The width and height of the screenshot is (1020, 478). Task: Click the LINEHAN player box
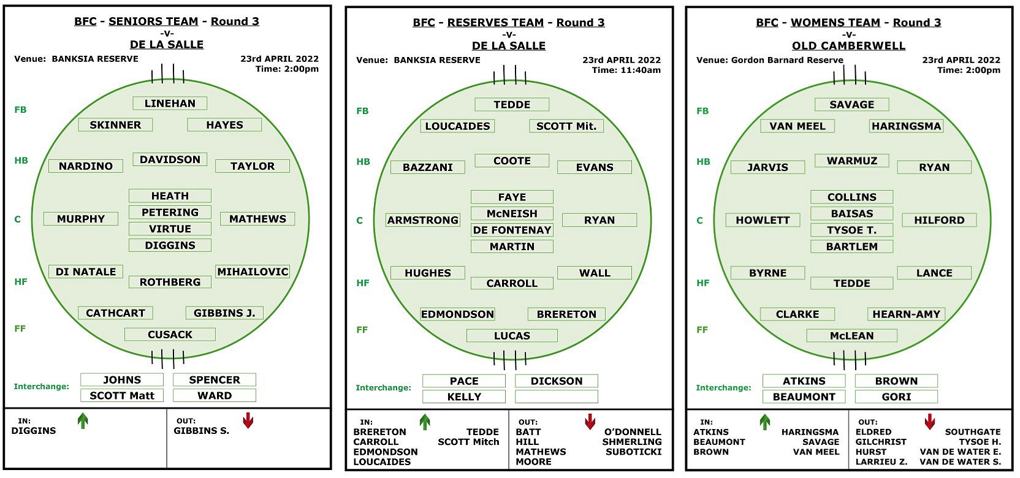[170, 104]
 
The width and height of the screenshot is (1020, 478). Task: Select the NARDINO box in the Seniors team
[86, 166]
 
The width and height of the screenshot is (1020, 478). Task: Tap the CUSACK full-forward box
[170, 335]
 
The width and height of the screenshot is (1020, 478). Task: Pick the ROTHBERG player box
[170, 283]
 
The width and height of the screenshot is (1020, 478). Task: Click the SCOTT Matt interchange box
[122, 396]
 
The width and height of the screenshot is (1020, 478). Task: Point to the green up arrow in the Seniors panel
[82, 420]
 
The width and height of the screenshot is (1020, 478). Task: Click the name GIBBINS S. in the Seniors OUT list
[201, 431]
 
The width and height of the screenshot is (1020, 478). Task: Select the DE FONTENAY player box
[512, 230]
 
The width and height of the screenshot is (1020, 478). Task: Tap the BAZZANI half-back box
[428, 167]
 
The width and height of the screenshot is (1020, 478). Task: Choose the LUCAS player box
[512, 335]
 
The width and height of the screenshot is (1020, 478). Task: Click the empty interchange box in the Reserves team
[557, 396]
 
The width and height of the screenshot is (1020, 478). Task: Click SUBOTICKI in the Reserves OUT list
[633, 452]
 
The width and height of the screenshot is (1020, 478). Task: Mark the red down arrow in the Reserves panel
[590, 422]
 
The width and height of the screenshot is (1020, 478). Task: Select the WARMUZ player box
[851, 161]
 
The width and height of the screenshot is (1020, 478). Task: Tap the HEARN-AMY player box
[906, 314]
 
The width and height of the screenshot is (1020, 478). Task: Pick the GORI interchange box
[896, 396]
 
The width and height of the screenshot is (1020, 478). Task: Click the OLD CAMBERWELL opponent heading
[848, 45]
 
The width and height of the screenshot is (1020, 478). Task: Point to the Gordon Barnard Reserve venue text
[787, 60]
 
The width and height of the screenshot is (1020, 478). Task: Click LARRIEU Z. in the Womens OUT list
[881, 461]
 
